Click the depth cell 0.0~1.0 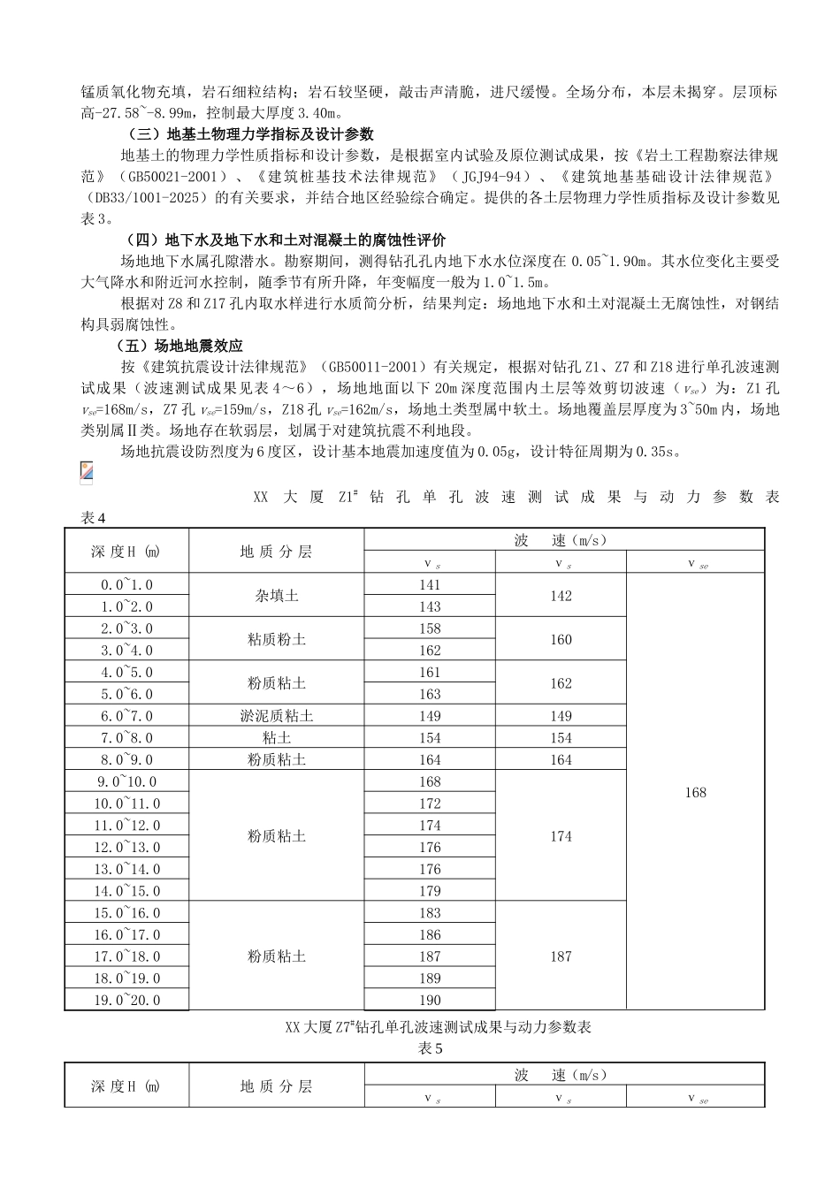tap(126, 584)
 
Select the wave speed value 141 tap(430, 584)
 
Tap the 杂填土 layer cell tap(276, 596)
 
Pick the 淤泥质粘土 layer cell tap(276, 716)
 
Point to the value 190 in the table tap(430, 1000)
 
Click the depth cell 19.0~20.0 tap(126, 1000)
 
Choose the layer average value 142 tap(561, 596)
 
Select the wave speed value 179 tap(430, 891)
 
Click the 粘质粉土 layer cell tap(276, 639)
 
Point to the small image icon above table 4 tap(86, 472)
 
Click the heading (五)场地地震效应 tap(180, 346)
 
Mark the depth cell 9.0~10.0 tap(126, 781)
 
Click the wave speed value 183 tap(430, 912)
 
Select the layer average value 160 tap(561, 639)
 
